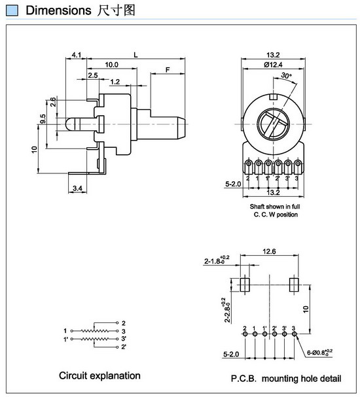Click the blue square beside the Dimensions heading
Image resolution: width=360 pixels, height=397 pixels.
(12, 10)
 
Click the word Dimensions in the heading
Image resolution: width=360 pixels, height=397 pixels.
(58, 10)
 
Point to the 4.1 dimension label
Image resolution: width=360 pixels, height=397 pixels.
(77, 55)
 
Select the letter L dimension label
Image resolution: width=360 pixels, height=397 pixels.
(135, 55)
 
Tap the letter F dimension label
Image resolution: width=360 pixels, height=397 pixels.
(168, 69)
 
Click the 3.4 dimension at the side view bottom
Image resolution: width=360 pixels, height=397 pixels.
(77, 188)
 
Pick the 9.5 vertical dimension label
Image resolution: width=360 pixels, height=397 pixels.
(43, 119)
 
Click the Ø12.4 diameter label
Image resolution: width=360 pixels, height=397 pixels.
(273, 65)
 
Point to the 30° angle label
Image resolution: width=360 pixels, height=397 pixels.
(286, 75)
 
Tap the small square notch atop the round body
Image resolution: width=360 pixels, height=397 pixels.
(274, 97)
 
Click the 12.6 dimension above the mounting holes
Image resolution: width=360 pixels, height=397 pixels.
(269, 251)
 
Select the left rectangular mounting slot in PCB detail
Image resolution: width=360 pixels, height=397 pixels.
(245, 285)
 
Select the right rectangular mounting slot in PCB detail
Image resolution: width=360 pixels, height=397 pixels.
(294, 285)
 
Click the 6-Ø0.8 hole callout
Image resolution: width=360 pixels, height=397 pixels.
(319, 352)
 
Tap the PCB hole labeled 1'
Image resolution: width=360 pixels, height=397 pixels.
(264, 334)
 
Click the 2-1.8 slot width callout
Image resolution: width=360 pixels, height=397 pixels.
(217, 260)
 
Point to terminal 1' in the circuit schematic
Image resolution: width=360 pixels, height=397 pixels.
(65, 339)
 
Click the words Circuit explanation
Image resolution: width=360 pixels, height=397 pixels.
(99, 375)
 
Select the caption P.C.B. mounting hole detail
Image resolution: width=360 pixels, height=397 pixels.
(286, 379)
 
